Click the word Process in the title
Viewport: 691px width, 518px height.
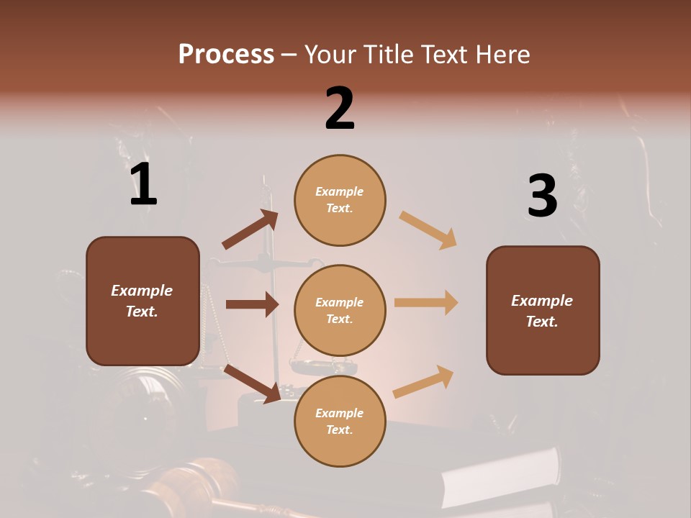point(226,54)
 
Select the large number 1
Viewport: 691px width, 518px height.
point(143,185)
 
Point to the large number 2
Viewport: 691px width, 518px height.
point(340,109)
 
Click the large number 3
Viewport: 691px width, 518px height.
point(542,196)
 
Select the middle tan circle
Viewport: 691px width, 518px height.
point(340,310)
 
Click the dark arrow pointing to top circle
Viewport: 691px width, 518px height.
point(250,230)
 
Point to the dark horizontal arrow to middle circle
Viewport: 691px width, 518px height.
point(252,304)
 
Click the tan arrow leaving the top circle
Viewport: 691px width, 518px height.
point(428,230)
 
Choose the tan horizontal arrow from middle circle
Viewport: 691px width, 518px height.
point(426,303)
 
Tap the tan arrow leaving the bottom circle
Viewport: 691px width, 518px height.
point(424,381)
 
